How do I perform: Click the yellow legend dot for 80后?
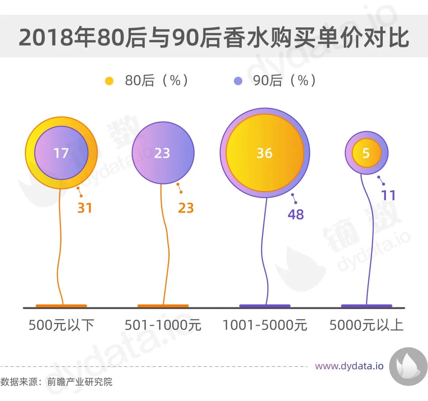tap(109, 81)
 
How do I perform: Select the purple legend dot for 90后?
tap(238, 81)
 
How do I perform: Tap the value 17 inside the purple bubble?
tap(61, 153)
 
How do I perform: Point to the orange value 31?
tap(84, 208)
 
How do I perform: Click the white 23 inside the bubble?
tap(162, 153)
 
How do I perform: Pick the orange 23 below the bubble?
tap(185, 208)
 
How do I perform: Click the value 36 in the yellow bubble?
tap(264, 153)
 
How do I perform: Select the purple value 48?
tap(296, 214)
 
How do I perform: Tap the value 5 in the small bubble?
tap(366, 153)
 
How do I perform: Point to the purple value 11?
tap(388, 195)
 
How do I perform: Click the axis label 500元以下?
tap(61, 325)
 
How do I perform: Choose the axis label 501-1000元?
tap(163, 325)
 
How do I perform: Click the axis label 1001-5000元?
tap(265, 325)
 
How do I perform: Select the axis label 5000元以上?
tap(366, 325)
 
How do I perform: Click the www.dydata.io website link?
tap(349, 366)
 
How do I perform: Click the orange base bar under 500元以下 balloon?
tap(61, 306)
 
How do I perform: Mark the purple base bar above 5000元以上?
tap(366, 306)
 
